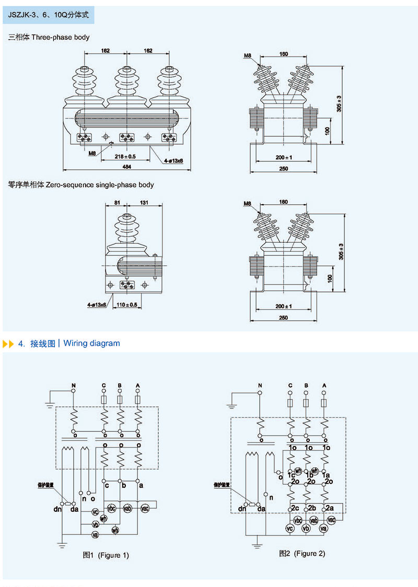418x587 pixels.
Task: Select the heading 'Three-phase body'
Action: [49, 37]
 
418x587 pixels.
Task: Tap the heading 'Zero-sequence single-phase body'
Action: [81, 184]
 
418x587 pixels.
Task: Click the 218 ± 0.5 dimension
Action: [124, 156]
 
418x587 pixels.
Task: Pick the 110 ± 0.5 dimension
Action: [126, 304]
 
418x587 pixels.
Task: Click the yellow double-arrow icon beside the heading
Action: [8, 344]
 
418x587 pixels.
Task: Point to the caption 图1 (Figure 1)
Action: [106, 555]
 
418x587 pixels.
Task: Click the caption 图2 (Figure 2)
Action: [302, 553]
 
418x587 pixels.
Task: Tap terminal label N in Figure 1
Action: [74, 385]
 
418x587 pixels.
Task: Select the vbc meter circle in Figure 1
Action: [111, 508]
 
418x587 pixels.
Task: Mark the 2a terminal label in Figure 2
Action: [329, 508]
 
